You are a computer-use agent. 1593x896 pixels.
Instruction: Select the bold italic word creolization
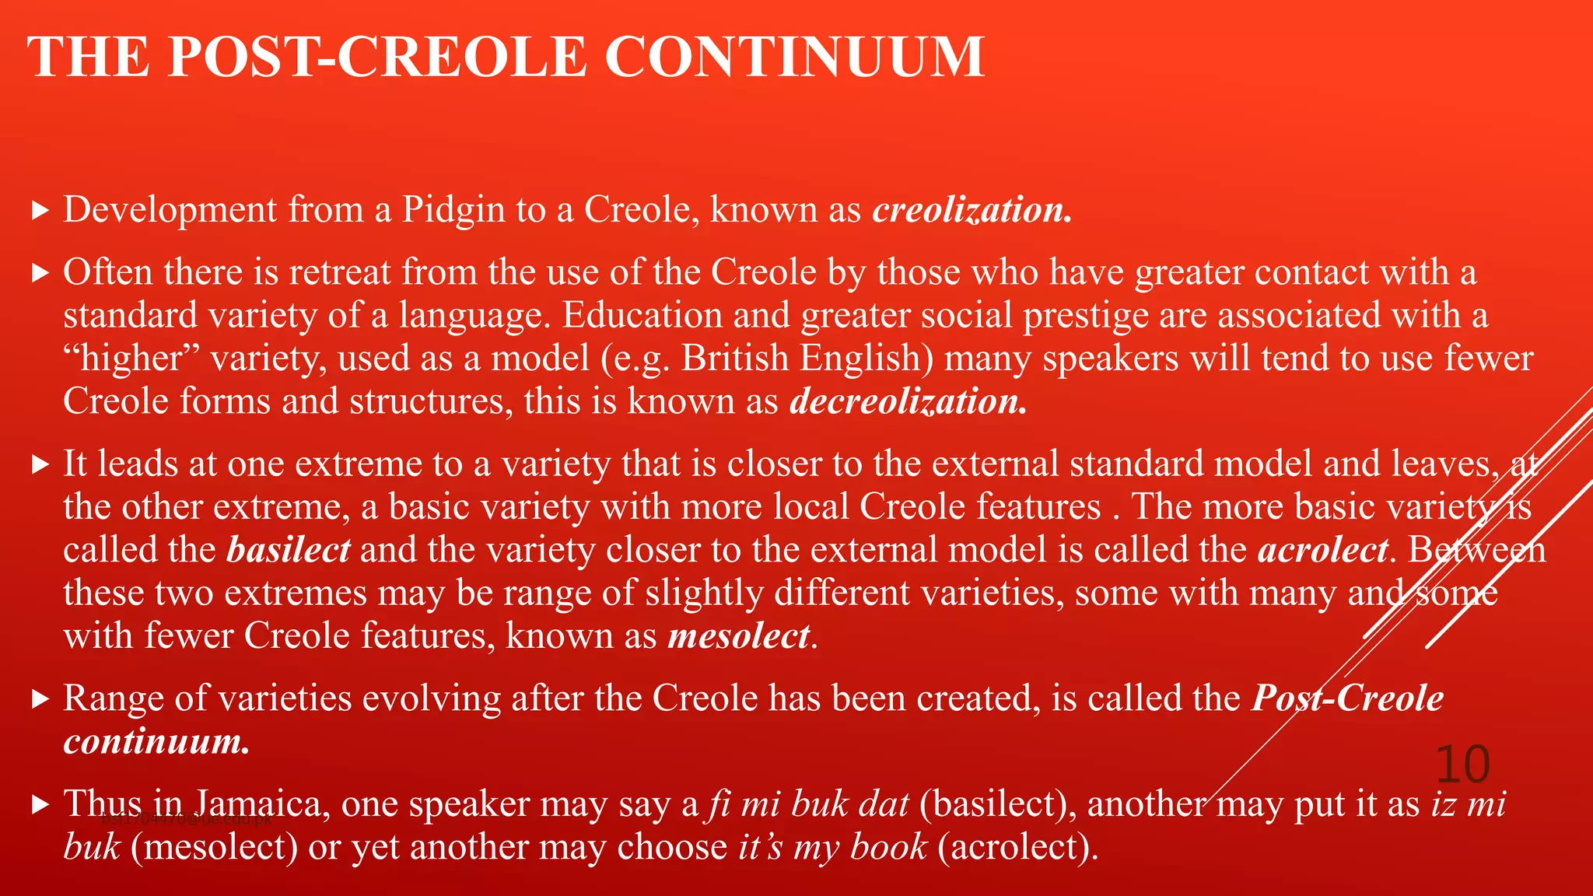pyautogui.click(x=972, y=210)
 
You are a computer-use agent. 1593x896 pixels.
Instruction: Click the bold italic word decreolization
pyautogui.click(x=909, y=401)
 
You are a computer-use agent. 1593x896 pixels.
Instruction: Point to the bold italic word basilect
pyautogui.click(x=289, y=550)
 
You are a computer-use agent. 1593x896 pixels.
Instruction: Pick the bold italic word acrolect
pyautogui.click(x=1323, y=550)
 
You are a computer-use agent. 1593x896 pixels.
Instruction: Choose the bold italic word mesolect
pyautogui.click(x=739, y=636)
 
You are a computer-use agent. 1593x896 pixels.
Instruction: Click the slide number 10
pyautogui.click(x=1462, y=765)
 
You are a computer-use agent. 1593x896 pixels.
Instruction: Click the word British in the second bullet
pyautogui.click(x=735, y=359)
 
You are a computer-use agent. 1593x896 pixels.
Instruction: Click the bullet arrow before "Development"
pyautogui.click(x=40, y=211)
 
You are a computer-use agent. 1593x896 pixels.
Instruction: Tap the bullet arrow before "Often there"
pyautogui.click(x=40, y=273)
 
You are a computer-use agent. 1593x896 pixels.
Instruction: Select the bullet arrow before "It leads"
pyautogui.click(x=40, y=465)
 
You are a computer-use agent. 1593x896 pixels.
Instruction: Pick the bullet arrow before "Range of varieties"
pyautogui.click(x=40, y=699)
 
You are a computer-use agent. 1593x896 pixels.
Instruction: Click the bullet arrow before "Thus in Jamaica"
pyautogui.click(x=40, y=805)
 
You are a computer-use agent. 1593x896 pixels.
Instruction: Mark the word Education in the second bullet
pyautogui.click(x=642, y=316)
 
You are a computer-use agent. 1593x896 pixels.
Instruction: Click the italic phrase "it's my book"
pyautogui.click(x=833, y=847)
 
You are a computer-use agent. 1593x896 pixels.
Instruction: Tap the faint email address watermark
pyautogui.click(x=187, y=819)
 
